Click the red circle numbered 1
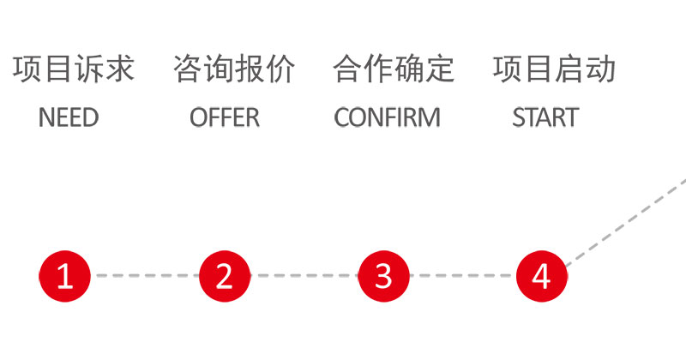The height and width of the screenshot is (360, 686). [x=65, y=276]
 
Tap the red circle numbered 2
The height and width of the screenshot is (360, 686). [x=225, y=276]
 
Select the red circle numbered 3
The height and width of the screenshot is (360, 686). [x=383, y=276]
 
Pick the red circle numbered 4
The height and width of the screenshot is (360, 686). [x=542, y=276]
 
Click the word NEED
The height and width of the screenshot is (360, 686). [x=69, y=117]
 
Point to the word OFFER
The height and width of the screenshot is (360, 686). [x=225, y=117]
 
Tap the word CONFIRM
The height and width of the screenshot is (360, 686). [x=388, y=117]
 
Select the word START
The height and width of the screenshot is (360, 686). [x=545, y=117]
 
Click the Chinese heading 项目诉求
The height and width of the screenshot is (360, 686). [x=73, y=69]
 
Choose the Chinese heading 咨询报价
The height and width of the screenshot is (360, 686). [x=234, y=69]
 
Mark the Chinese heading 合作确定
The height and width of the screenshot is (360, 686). [x=394, y=69]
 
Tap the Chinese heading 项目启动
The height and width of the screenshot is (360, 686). [x=554, y=69]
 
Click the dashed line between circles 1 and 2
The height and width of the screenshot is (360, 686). [x=145, y=276]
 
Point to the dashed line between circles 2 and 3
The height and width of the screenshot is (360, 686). [x=304, y=276]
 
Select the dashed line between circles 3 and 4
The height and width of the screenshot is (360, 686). [x=463, y=276]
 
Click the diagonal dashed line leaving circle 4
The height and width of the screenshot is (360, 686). [x=626, y=222]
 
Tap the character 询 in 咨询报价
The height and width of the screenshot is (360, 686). [x=219, y=69]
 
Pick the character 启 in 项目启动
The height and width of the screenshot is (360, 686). [x=569, y=69]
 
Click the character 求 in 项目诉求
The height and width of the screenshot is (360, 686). [x=119, y=69]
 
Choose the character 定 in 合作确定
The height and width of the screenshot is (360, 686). [x=440, y=69]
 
